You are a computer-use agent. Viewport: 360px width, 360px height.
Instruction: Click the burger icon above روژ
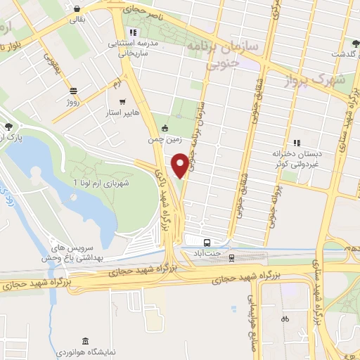coord(73,90)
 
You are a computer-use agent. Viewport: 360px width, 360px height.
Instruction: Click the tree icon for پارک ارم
coord(8,127)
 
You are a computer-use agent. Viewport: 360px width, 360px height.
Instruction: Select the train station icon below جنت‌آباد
coord(231,258)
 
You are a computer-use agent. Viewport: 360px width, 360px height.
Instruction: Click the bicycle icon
coord(284,318)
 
